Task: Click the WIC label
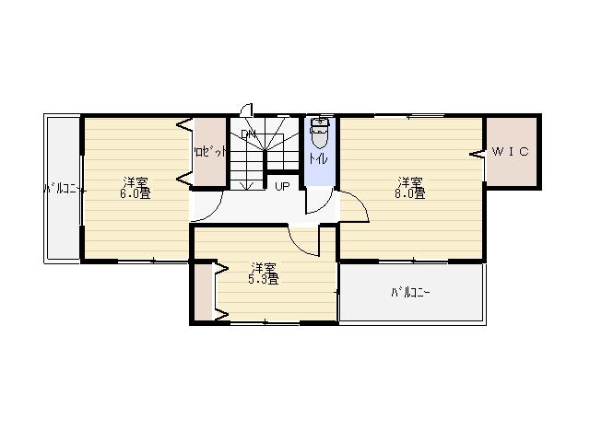pos(510,152)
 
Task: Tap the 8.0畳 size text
pos(411,193)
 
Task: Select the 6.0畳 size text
pos(135,193)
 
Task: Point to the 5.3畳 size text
pos(264,279)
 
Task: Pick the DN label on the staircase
pos(248,135)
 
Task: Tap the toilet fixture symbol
pos(320,134)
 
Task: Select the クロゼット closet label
pos(209,152)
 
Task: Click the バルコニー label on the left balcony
pos(65,190)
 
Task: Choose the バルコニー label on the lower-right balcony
pos(410,294)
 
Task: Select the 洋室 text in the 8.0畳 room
pos(411,181)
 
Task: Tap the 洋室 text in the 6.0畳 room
pos(135,181)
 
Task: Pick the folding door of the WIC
pos(480,154)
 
